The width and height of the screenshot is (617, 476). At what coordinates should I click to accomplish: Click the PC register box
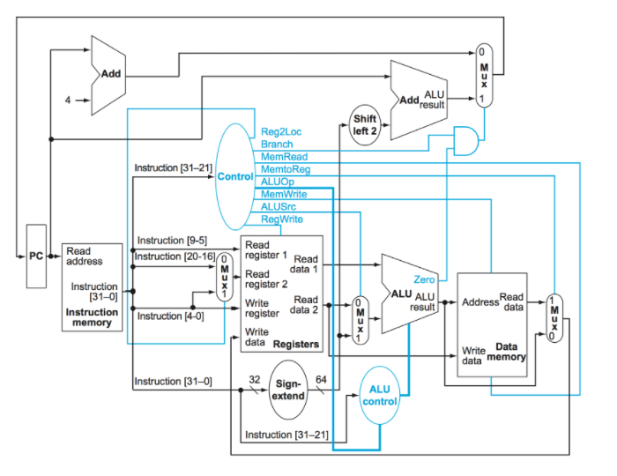click(36, 256)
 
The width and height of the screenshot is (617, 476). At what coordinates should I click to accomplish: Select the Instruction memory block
click(91, 286)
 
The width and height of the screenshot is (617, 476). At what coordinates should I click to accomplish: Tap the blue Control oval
click(235, 177)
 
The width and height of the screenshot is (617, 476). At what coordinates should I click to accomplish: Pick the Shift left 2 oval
click(364, 124)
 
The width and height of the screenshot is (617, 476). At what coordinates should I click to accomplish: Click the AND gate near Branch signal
click(465, 138)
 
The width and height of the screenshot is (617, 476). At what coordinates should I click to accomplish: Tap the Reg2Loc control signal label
click(280, 131)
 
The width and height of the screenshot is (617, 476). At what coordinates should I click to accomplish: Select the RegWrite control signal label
click(280, 218)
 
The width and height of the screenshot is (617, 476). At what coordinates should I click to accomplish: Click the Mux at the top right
click(482, 76)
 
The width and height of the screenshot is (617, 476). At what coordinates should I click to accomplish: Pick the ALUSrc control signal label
click(279, 205)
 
